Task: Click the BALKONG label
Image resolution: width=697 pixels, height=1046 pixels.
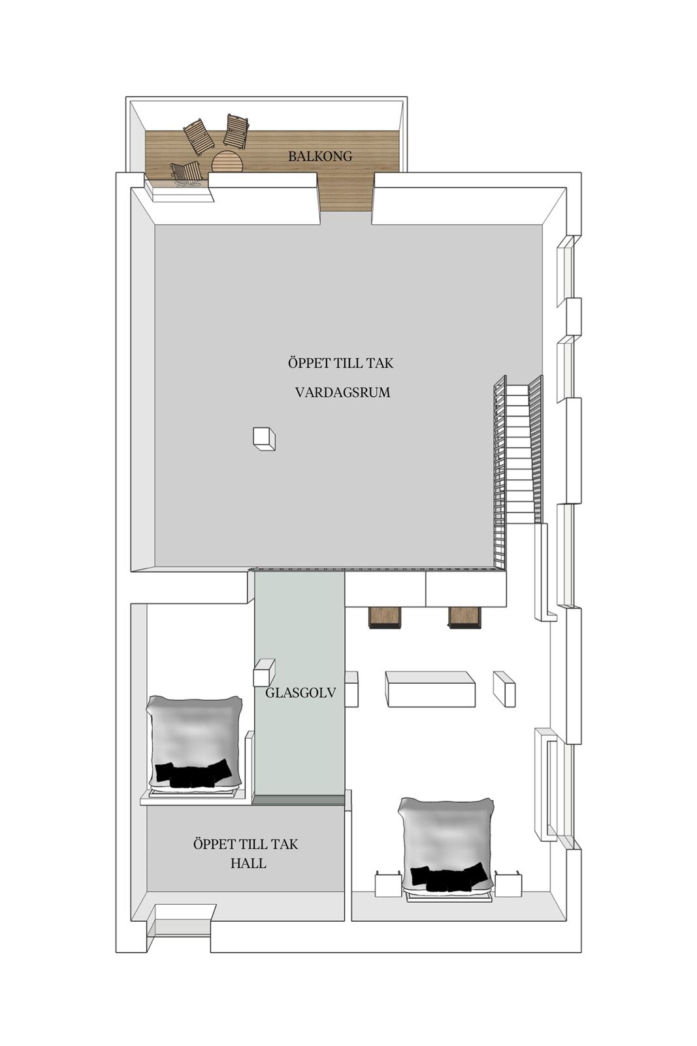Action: click(x=319, y=156)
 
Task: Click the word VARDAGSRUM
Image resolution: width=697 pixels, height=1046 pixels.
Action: click(x=342, y=392)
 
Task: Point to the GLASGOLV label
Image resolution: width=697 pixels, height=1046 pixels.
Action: click(x=300, y=692)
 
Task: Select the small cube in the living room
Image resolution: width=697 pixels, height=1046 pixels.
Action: click(x=264, y=439)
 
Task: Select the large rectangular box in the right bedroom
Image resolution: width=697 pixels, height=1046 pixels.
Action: click(x=430, y=689)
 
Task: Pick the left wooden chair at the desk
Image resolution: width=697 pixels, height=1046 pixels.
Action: click(x=384, y=617)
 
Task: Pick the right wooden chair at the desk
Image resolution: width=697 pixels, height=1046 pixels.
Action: click(x=464, y=617)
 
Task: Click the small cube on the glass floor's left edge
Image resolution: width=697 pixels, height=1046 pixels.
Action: click(x=264, y=672)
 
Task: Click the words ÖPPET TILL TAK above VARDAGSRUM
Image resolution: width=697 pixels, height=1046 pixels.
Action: click(x=340, y=362)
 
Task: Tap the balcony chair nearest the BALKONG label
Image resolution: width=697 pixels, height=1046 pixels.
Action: click(x=236, y=131)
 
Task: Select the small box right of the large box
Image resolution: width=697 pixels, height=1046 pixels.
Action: click(x=504, y=689)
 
